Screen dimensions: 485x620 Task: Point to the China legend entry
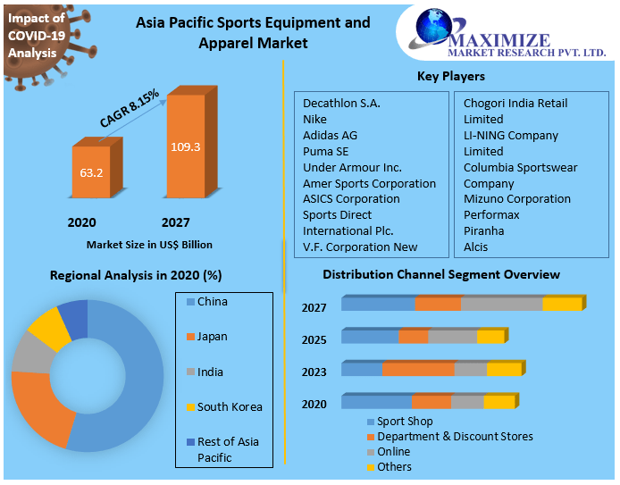(212, 302)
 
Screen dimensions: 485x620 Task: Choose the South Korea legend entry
(229, 407)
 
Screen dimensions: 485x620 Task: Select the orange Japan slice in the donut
(41, 406)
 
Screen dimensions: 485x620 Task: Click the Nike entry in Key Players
(314, 119)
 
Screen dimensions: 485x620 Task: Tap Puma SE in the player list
(326, 151)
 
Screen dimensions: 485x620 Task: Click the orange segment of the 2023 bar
(417, 370)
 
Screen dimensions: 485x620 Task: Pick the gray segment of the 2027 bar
(501, 305)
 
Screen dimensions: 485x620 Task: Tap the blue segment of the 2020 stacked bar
(376, 402)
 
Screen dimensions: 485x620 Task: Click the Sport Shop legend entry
(404, 422)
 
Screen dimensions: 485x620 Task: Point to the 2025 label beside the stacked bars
(314, 340)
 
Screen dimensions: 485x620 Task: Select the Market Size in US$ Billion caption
(149, 244)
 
